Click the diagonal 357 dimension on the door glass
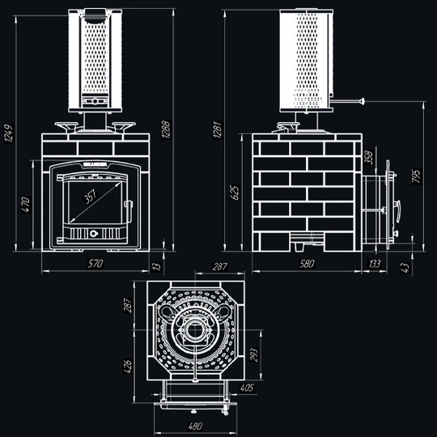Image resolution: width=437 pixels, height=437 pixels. pos(95,197)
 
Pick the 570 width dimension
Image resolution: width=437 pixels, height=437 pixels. pos(96,265)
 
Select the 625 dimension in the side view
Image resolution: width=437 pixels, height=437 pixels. pos(235,192)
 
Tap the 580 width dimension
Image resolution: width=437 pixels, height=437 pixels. pos(307,265)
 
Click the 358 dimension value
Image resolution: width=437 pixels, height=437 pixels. pos(369,157)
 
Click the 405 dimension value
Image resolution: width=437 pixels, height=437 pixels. pos(247,388)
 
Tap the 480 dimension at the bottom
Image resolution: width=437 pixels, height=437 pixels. pos(194,426)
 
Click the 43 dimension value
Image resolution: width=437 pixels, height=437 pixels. pos(404,266)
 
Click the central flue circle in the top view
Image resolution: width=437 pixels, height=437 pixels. pos(195,332)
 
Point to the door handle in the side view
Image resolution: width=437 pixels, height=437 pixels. pos(397,211)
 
